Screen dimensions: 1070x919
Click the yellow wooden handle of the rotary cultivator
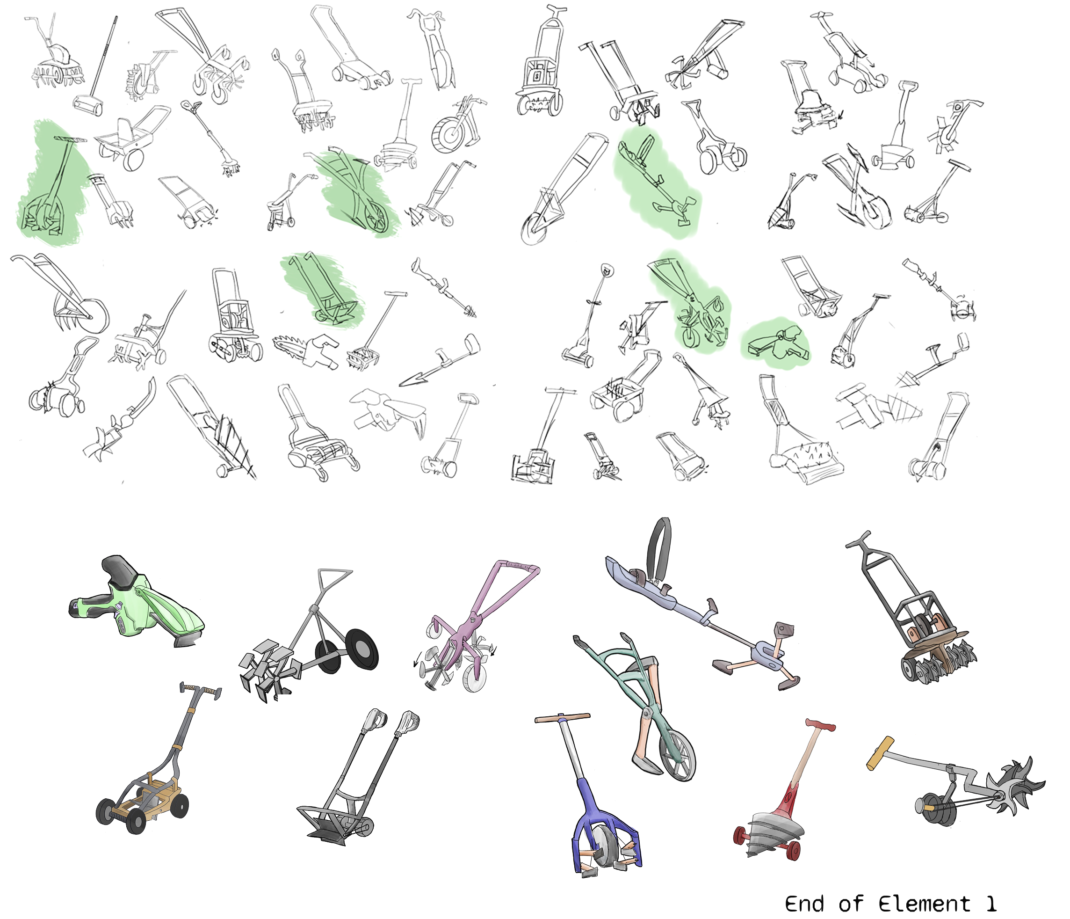coord(880,753)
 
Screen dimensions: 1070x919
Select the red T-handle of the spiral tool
coord(821,725)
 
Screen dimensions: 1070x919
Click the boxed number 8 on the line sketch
coord(536,76)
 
